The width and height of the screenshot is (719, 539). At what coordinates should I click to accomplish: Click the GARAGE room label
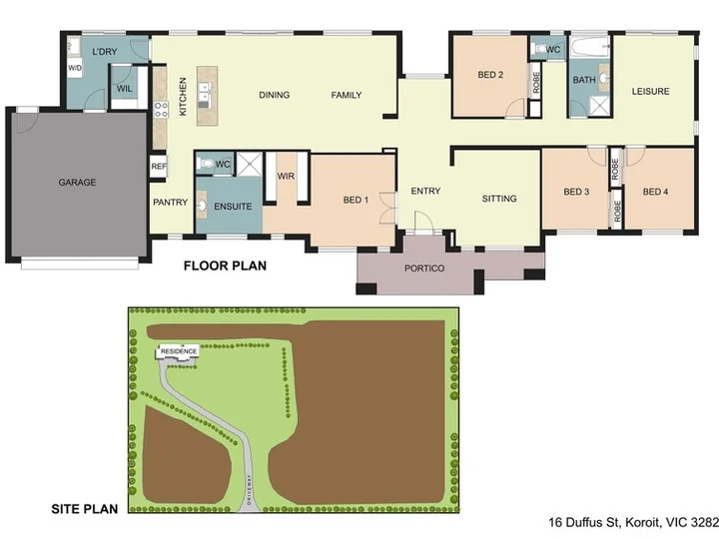[77, 183]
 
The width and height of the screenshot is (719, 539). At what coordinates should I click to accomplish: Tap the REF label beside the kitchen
[159, 167]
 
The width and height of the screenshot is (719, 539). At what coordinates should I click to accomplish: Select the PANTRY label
[170, 202]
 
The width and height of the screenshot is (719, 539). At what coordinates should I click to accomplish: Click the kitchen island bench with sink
[208, 96]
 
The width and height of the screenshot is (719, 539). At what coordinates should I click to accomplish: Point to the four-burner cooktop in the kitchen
[161, 110]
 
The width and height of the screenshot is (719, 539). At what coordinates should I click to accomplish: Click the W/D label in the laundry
[75, 68]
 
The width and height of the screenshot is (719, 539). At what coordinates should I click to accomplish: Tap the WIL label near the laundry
[124, 88]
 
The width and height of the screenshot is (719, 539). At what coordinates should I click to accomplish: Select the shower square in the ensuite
[249, 164]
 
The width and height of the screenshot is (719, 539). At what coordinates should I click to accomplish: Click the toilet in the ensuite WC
[205, 163]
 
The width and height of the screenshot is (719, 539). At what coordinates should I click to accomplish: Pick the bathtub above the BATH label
[589, 47]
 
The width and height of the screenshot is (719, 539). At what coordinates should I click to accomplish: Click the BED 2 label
[490, 75]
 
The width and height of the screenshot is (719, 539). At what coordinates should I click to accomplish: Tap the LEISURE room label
[650, 91]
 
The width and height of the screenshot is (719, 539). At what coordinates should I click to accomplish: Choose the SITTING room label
[499, 199]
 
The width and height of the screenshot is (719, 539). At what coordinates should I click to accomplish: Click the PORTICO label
[424, 269]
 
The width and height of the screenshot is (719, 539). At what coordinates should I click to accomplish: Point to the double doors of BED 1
[388, 208]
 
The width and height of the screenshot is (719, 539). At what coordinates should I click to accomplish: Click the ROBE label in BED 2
[535, 83]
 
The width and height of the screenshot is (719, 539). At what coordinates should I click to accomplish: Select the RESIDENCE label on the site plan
[179, 351]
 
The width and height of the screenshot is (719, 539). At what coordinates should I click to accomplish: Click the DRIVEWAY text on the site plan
[249, 489]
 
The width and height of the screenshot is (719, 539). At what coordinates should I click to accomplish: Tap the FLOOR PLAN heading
[225, 266]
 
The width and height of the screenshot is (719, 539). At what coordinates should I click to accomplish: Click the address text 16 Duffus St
[584, 522]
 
